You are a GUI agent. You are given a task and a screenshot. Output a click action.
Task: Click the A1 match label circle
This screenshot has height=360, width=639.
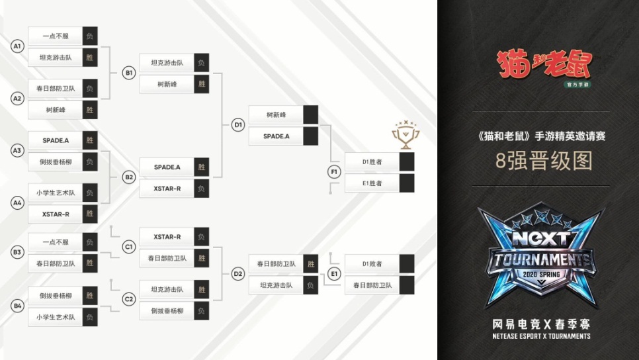[18, 46]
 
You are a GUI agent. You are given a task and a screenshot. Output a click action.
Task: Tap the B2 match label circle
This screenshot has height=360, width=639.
[129, 177]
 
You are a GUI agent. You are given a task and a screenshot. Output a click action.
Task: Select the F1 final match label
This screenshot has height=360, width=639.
[334, 172]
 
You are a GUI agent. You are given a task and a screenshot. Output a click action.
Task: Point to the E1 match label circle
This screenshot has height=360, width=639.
[334, 273]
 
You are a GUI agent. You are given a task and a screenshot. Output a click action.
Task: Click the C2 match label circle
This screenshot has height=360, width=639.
[129, 299]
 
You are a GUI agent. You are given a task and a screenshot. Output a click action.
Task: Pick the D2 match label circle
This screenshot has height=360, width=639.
[238, 273]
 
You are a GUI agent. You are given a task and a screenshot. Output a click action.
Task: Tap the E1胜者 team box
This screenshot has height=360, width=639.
[372, 183]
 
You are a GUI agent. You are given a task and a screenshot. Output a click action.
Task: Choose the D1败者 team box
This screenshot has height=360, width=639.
[372, 264]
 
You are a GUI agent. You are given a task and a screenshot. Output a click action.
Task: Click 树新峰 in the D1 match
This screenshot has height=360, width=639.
[276, 115]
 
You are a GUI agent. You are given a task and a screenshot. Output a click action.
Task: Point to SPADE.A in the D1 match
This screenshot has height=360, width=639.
[276, 136]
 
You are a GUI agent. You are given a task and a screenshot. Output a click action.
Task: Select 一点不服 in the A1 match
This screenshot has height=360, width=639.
[56, 36]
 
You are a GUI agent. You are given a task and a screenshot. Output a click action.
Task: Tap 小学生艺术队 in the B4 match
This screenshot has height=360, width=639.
[56, 317]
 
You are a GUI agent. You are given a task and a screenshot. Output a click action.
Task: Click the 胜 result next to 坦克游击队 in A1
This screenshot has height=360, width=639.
[90, 58]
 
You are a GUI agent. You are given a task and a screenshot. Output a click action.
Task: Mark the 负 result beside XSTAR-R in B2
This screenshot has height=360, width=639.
[201, 189]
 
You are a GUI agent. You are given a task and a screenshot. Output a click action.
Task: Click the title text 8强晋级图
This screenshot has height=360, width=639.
[544, 161]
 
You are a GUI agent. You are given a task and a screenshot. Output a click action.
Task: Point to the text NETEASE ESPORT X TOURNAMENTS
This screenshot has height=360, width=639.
[541, 336]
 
